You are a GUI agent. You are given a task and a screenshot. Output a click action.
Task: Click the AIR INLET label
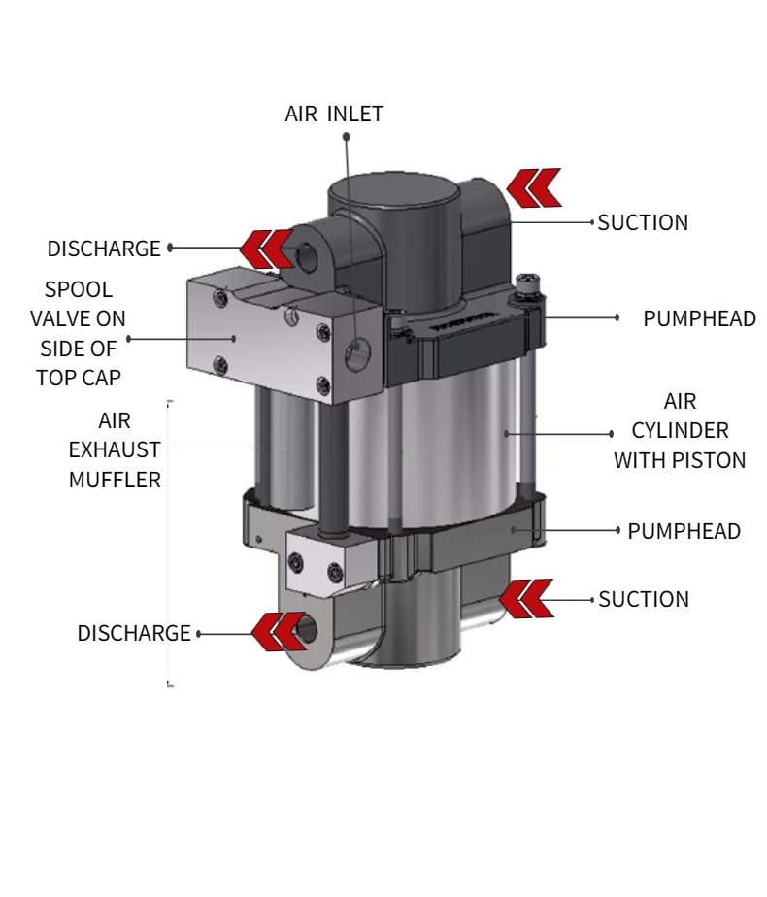click(334, 114)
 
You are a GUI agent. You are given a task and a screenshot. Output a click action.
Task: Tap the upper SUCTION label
click(643, 222)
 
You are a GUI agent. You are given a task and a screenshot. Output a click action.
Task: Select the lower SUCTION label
click(644, 599)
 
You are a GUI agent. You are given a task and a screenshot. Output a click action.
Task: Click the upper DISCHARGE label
click(104, 249)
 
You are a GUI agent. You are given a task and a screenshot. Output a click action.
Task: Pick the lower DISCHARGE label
click(134, 633)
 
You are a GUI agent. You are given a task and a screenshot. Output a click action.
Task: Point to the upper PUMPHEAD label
click(699, 318)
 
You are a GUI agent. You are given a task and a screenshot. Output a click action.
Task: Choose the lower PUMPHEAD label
click(684, 531)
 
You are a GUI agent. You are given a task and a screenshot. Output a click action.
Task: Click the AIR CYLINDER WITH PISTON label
click(680, 430)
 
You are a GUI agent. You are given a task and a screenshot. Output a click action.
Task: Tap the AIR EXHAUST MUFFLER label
click(115, 450)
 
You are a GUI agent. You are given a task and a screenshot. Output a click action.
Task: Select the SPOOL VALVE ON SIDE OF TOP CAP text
click(79, 333)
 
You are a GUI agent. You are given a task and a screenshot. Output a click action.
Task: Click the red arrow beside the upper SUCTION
click(534, 187)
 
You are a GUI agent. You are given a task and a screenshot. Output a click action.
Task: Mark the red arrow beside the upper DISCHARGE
click(268, 249)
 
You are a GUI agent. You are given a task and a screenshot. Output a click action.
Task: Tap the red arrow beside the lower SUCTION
click(526, 598)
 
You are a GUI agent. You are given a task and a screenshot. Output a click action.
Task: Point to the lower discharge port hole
click(308, 630)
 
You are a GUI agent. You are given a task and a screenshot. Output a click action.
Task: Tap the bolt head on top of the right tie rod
click(528, 282)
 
